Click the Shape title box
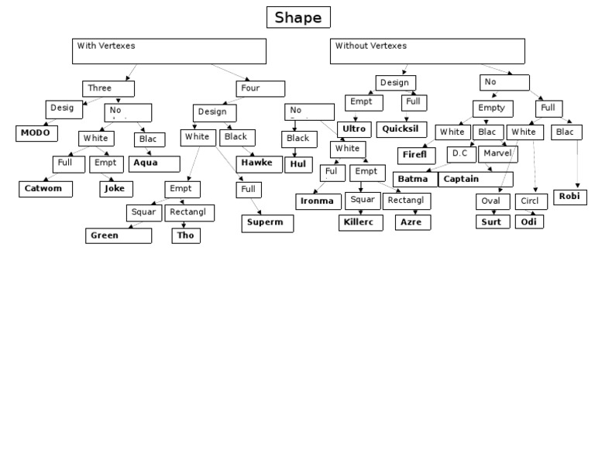pyautogui.click(x=298, y=18)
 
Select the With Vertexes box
pyautogui.click(x=169, y=51)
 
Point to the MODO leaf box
pyautogui.click(x=36, y=132)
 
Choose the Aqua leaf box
pyautogui.click(x=154, y=163)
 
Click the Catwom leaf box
pyautogui.click(x=46, y=187)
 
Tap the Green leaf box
pyautogui.click(x=119, y=235)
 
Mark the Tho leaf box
pyautogui.click(x=186, y=235)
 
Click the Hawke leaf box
pyautogui.click(x=256, y=163)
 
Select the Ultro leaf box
pyautogui.click(x=355, y=129)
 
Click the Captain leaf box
pyautogui.click(x=475, y=179)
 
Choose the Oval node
pyautogui.click(x=490, y=201)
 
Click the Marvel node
pyautogui.click(x=497, y=153)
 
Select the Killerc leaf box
pyautogui.click(x=360, y=222)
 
